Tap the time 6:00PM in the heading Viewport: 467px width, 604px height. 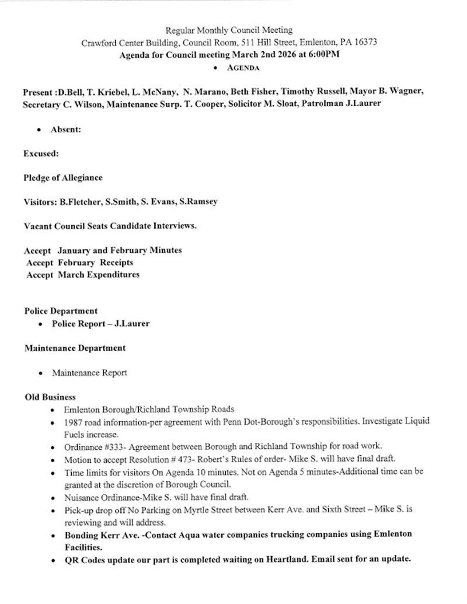[x=323, y=55]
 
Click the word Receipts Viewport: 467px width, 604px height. [x=116, y=263]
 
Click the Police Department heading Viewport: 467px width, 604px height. [x=61, y=311]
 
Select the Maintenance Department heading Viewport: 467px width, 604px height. [x=75, y=348]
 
